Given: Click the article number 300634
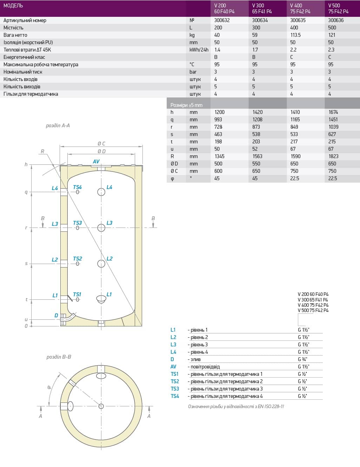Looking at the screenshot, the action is point(260,20).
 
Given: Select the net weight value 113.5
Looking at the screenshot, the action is point(295,35).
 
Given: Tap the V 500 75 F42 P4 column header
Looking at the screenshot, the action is point(338,8).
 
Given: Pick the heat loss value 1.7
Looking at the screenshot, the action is point(255,50).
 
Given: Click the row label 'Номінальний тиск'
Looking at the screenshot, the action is point(23,72).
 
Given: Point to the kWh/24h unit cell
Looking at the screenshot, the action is point(199,50).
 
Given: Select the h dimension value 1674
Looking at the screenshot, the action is point(333,112).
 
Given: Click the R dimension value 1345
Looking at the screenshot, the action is point(219,156).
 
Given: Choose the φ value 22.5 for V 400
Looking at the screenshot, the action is point(295,178).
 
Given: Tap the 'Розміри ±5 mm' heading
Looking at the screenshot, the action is point(186,105).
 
